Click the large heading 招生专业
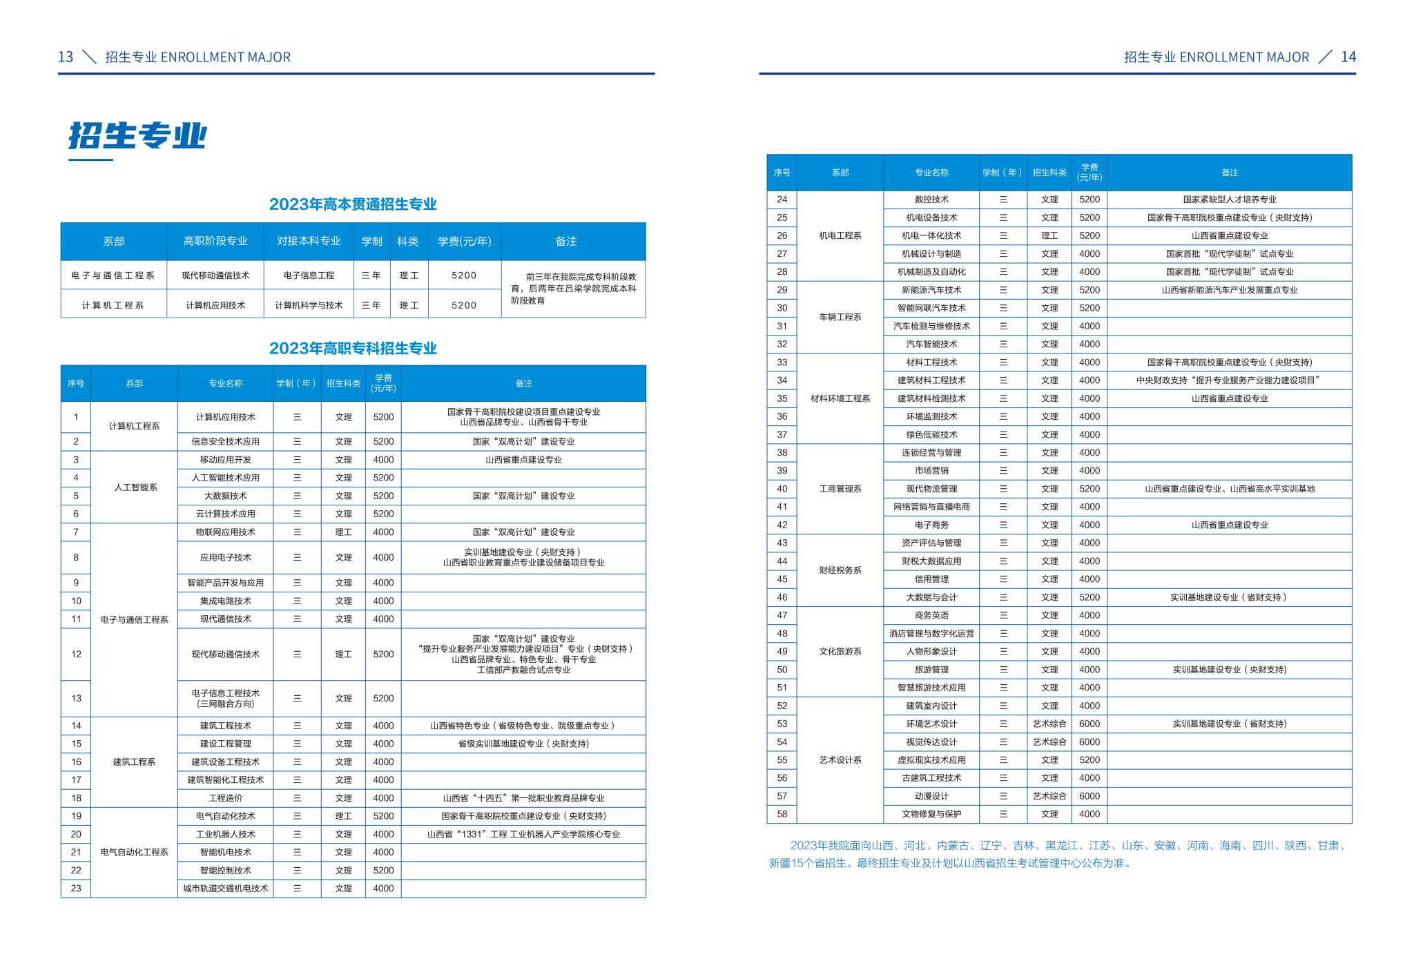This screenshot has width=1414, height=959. pos(137,136)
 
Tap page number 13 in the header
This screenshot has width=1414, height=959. pos(66,57)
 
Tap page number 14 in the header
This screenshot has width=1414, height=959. pos(1348,57)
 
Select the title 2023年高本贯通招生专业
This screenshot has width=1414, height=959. pos(353,204)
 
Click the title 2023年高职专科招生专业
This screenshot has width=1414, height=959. pos(353,349)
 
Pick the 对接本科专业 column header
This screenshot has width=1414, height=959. pos(309,242)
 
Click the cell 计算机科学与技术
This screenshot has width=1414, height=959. pos(309,305)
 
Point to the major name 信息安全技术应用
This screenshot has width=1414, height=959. pos(225,442)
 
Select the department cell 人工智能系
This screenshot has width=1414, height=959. pos(135,487)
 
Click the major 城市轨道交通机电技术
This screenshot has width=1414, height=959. pos(225,889)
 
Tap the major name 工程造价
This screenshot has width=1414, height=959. pos(225,798)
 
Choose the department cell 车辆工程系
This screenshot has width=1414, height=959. pos(840,318)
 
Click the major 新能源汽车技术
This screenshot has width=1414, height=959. pos(931,291)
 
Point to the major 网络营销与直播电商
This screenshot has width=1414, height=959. pos(931,507)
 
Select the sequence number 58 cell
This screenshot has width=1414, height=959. pos(782,815)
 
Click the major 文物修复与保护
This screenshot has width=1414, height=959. pos(931,815)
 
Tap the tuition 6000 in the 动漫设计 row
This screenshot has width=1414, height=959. pos(1089,797)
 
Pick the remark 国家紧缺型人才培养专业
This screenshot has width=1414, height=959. pos(1229,200)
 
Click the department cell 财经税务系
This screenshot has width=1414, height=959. pos(840,570)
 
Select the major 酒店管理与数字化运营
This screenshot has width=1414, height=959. pos(931,634)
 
